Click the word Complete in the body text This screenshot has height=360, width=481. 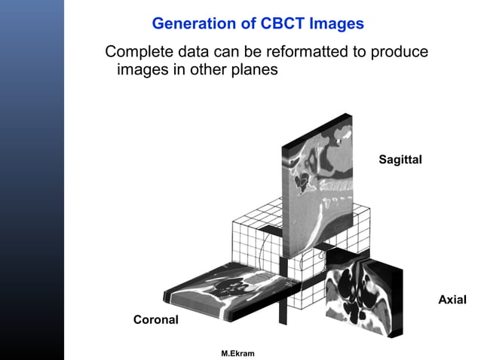pos(138,53)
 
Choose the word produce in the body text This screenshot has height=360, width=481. pos(397,53)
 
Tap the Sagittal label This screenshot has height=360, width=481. pos(400,160)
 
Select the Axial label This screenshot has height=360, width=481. pos(452,301)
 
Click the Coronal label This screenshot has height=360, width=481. pos(156,320)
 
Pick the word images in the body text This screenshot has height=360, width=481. pos(140,70)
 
